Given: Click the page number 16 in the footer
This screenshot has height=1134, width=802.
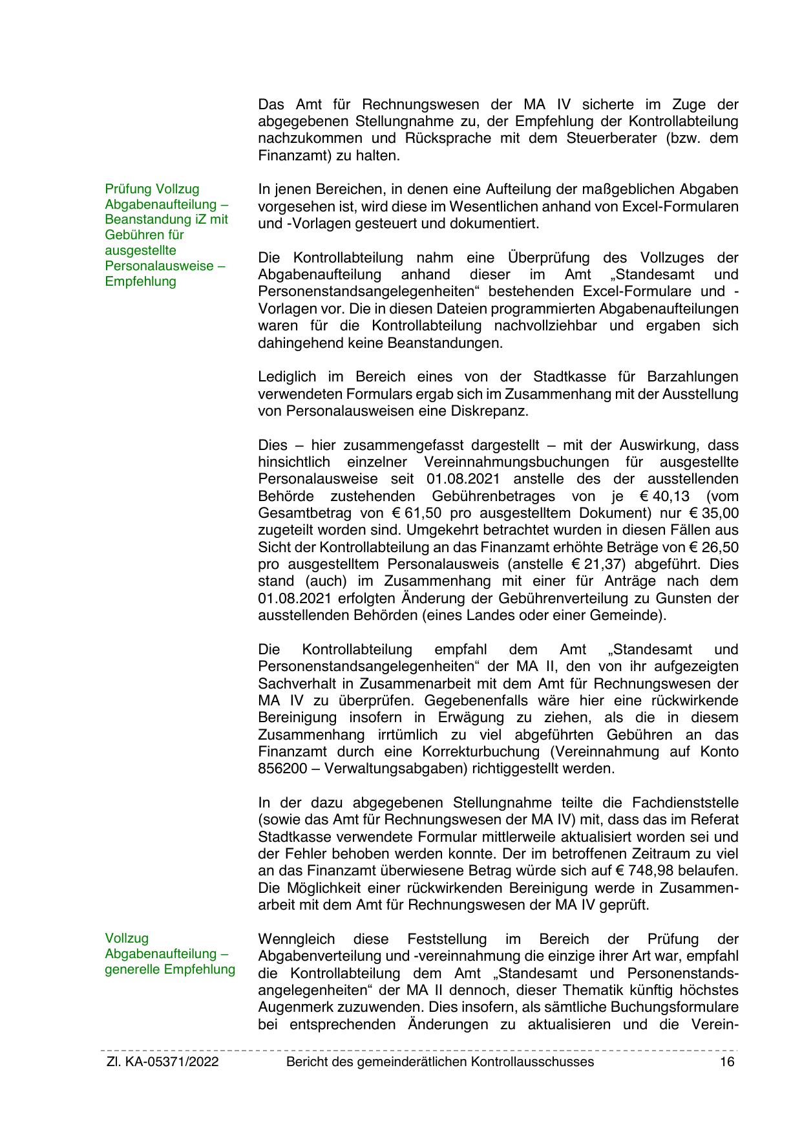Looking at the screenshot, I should [x=727, y=1062].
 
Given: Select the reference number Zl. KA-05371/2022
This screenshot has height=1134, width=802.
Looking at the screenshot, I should [x=162, y=1062].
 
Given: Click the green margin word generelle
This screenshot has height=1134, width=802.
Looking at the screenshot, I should [x=132, y=969].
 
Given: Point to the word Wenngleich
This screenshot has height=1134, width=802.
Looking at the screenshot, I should [x=297, y=939].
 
